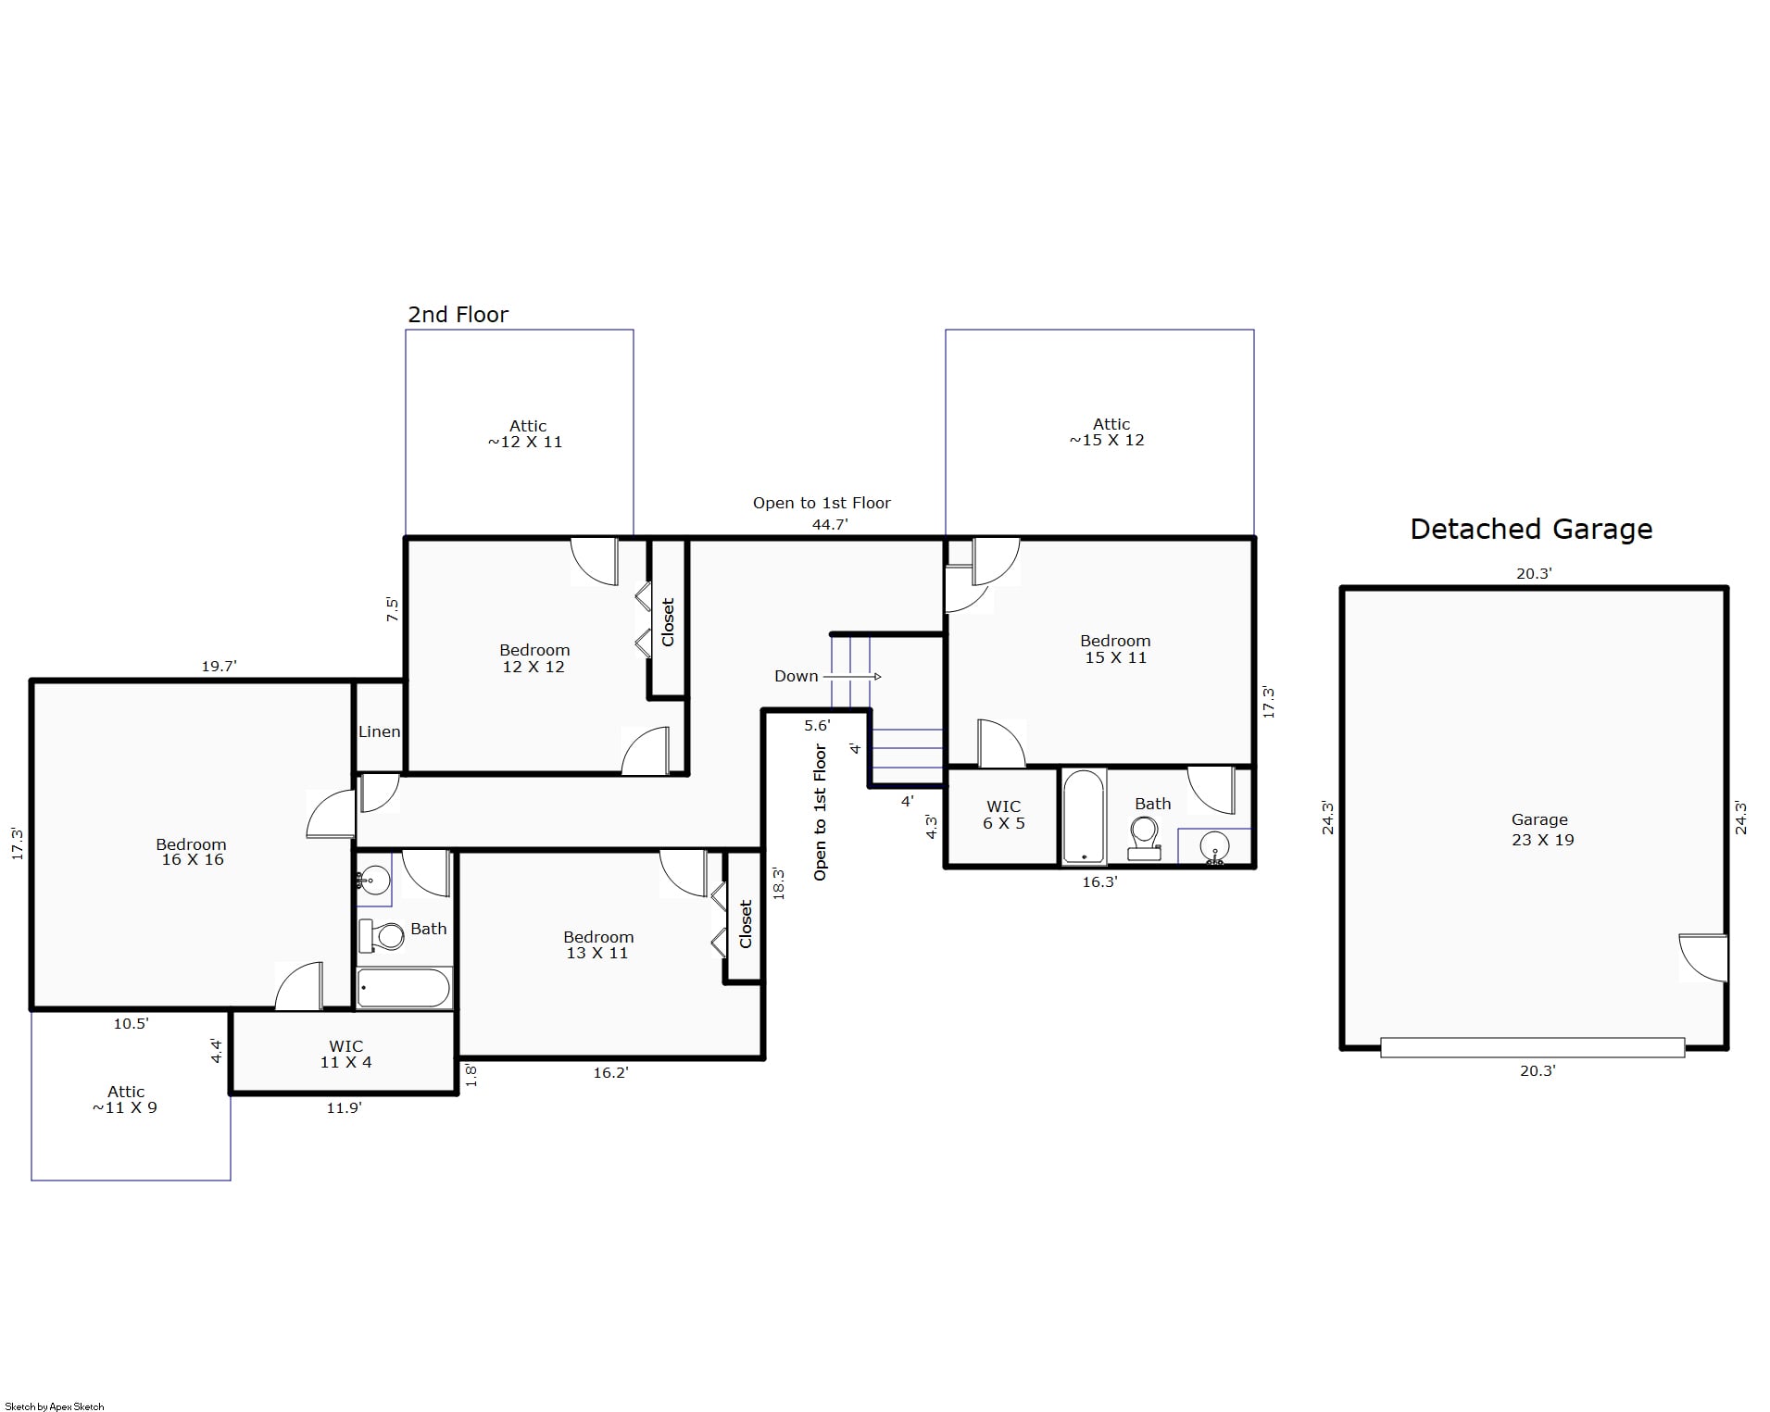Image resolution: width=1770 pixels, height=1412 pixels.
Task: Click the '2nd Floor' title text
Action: (458, 315)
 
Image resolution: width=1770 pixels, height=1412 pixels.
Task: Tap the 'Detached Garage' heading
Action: (1531, 530)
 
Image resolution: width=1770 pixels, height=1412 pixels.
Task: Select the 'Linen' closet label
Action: (379, 731)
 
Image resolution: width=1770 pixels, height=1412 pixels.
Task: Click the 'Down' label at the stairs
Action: (797, 676)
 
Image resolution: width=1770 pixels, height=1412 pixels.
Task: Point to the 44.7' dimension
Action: (830, 524)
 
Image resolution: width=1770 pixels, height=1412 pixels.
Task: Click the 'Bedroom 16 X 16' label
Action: (192, 852)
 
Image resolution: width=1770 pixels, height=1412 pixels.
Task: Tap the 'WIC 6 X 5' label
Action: (1004, 815)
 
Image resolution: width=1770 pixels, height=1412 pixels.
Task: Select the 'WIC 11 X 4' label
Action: (345, 1055)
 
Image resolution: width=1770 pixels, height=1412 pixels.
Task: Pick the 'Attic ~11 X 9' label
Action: (125, 1099)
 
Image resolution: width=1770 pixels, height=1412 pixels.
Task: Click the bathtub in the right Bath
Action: (1083, 816)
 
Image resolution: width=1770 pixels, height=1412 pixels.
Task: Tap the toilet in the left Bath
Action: (382, 935)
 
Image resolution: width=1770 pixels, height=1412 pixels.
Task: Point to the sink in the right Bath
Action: (1214, 847)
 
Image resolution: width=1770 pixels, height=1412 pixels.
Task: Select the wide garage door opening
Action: (1532, 1047)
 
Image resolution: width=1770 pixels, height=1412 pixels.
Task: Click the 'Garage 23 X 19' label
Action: (1541, 830)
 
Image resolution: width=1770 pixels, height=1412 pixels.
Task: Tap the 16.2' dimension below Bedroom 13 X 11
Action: (610, 1072)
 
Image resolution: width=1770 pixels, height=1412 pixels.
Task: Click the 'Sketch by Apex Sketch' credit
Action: (55, 1406)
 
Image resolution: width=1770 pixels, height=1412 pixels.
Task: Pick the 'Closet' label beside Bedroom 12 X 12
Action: (668, 622)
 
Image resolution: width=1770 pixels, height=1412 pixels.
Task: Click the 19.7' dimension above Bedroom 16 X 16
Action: (219, 666)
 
